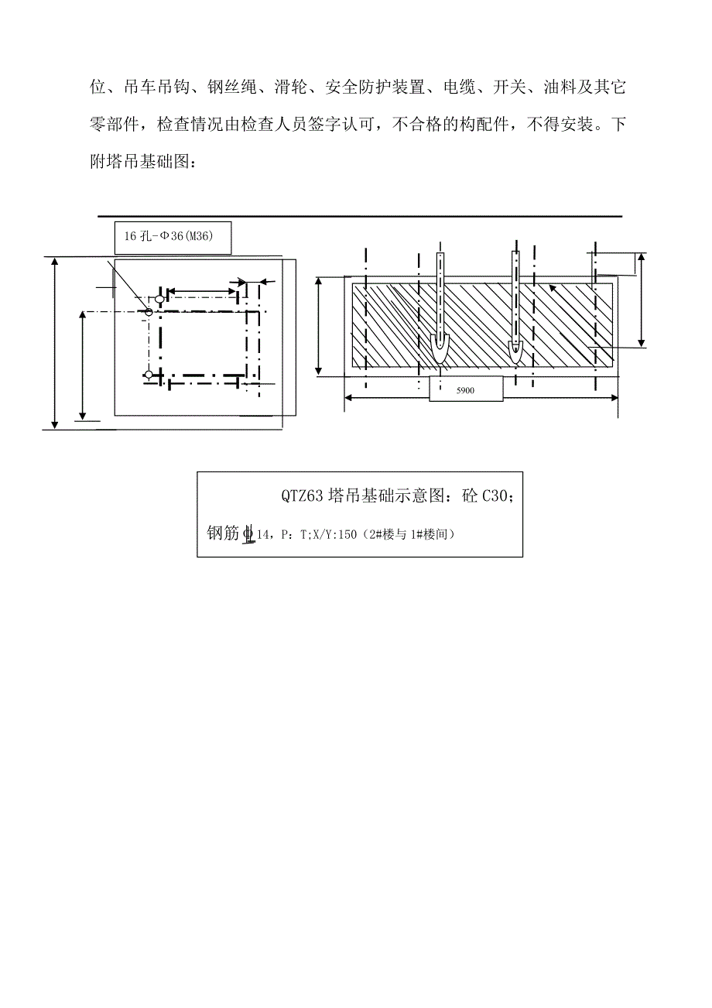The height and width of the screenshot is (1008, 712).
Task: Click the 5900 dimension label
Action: pos(465,391)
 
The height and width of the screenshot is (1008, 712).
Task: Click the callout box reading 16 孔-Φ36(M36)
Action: pos(173,238)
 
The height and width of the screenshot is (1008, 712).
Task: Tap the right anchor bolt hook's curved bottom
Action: pos(516,353)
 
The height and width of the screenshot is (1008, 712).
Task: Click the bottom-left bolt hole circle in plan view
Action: pos(149,375)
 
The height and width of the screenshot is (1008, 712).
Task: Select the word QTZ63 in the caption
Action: pos(303,496)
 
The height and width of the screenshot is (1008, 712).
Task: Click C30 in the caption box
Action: pos(498,496)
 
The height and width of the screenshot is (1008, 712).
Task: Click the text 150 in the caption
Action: pos(347,534)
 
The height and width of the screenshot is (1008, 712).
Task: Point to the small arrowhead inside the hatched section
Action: pos(553,289)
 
